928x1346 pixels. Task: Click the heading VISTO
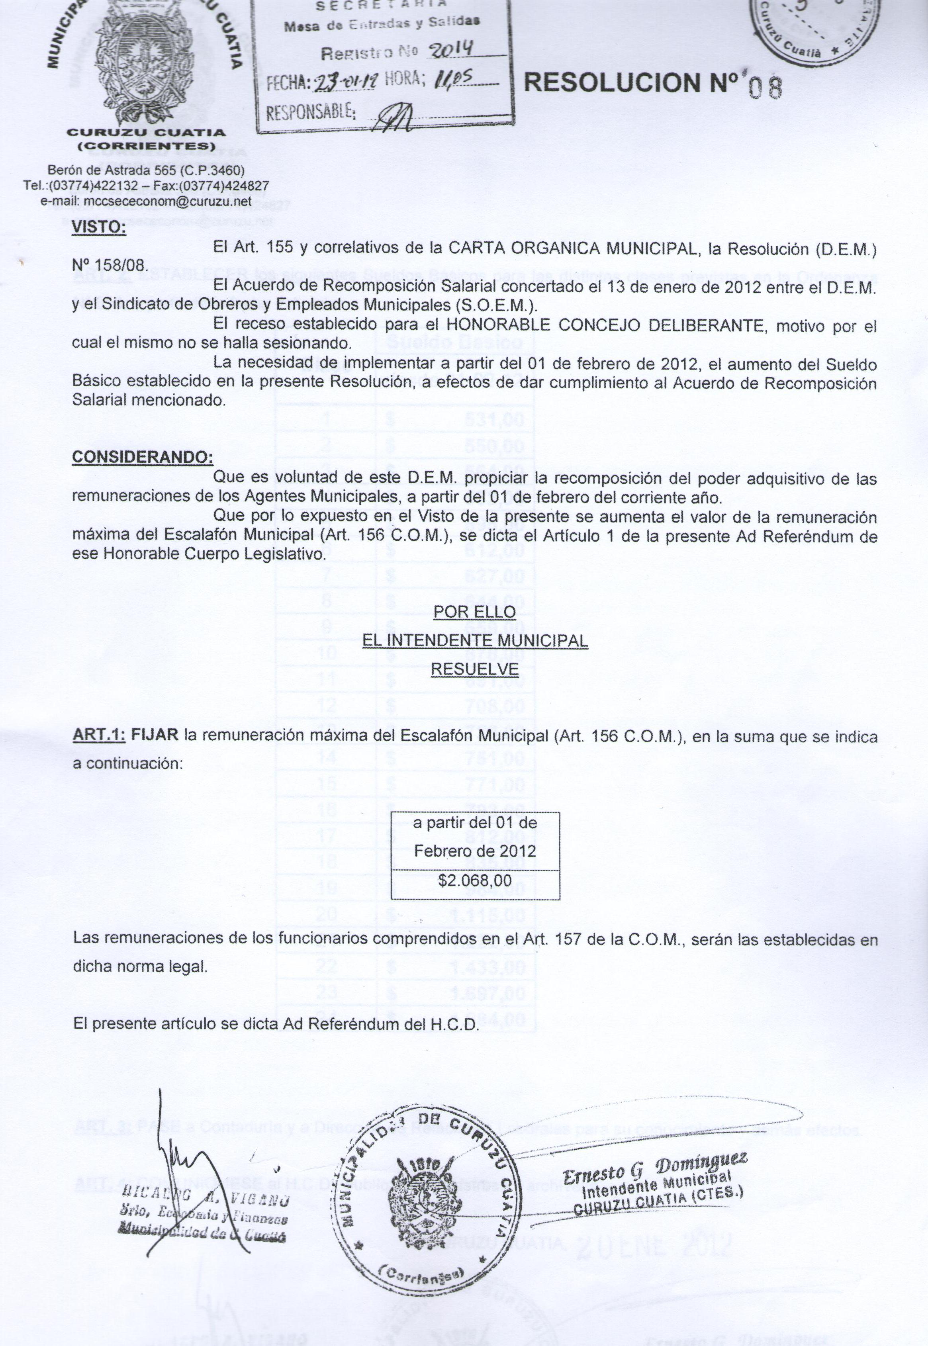tap(98, 227)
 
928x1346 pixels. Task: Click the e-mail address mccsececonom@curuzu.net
tap(146, 201)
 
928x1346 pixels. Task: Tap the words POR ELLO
tap(474, 612)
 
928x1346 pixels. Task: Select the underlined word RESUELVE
tap(474, 669)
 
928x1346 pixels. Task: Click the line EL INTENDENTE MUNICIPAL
tap(474, 641)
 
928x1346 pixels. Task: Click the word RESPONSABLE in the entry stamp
tap(311, 110)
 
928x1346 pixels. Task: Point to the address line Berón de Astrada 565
tap(146, 170)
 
